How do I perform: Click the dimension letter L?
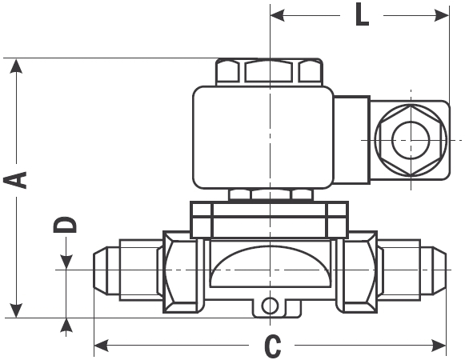click(362, 14)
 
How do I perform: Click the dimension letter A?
click(15, 180)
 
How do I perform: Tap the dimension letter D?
click(66, 225)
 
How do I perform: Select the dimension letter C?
click(272, 346)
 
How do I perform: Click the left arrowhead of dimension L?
click(278, 15)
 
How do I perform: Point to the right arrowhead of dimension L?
click(442, 15)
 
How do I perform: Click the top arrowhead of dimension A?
click(16, 66)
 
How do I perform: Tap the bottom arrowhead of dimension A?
click(16, 310)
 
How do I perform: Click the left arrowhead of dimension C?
click(101, 346)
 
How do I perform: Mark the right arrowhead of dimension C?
click(439, 346)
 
